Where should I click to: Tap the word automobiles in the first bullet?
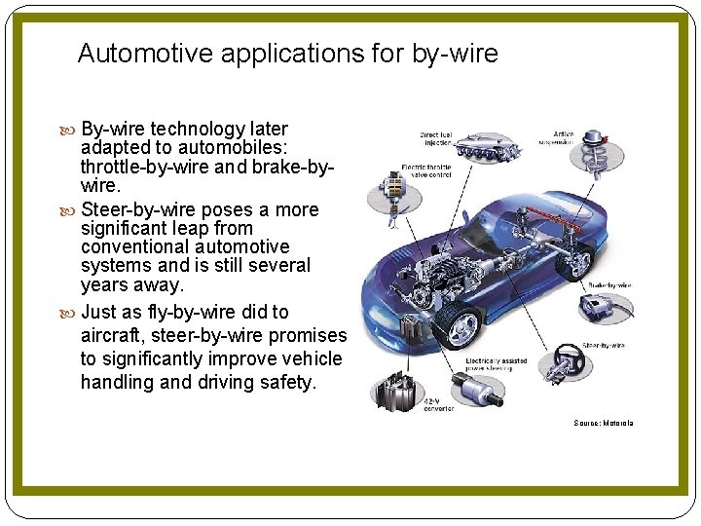[233, 147]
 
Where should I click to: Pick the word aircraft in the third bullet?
[115, 335]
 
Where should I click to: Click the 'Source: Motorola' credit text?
[604, 424]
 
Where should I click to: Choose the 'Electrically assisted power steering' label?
[496, 364]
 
